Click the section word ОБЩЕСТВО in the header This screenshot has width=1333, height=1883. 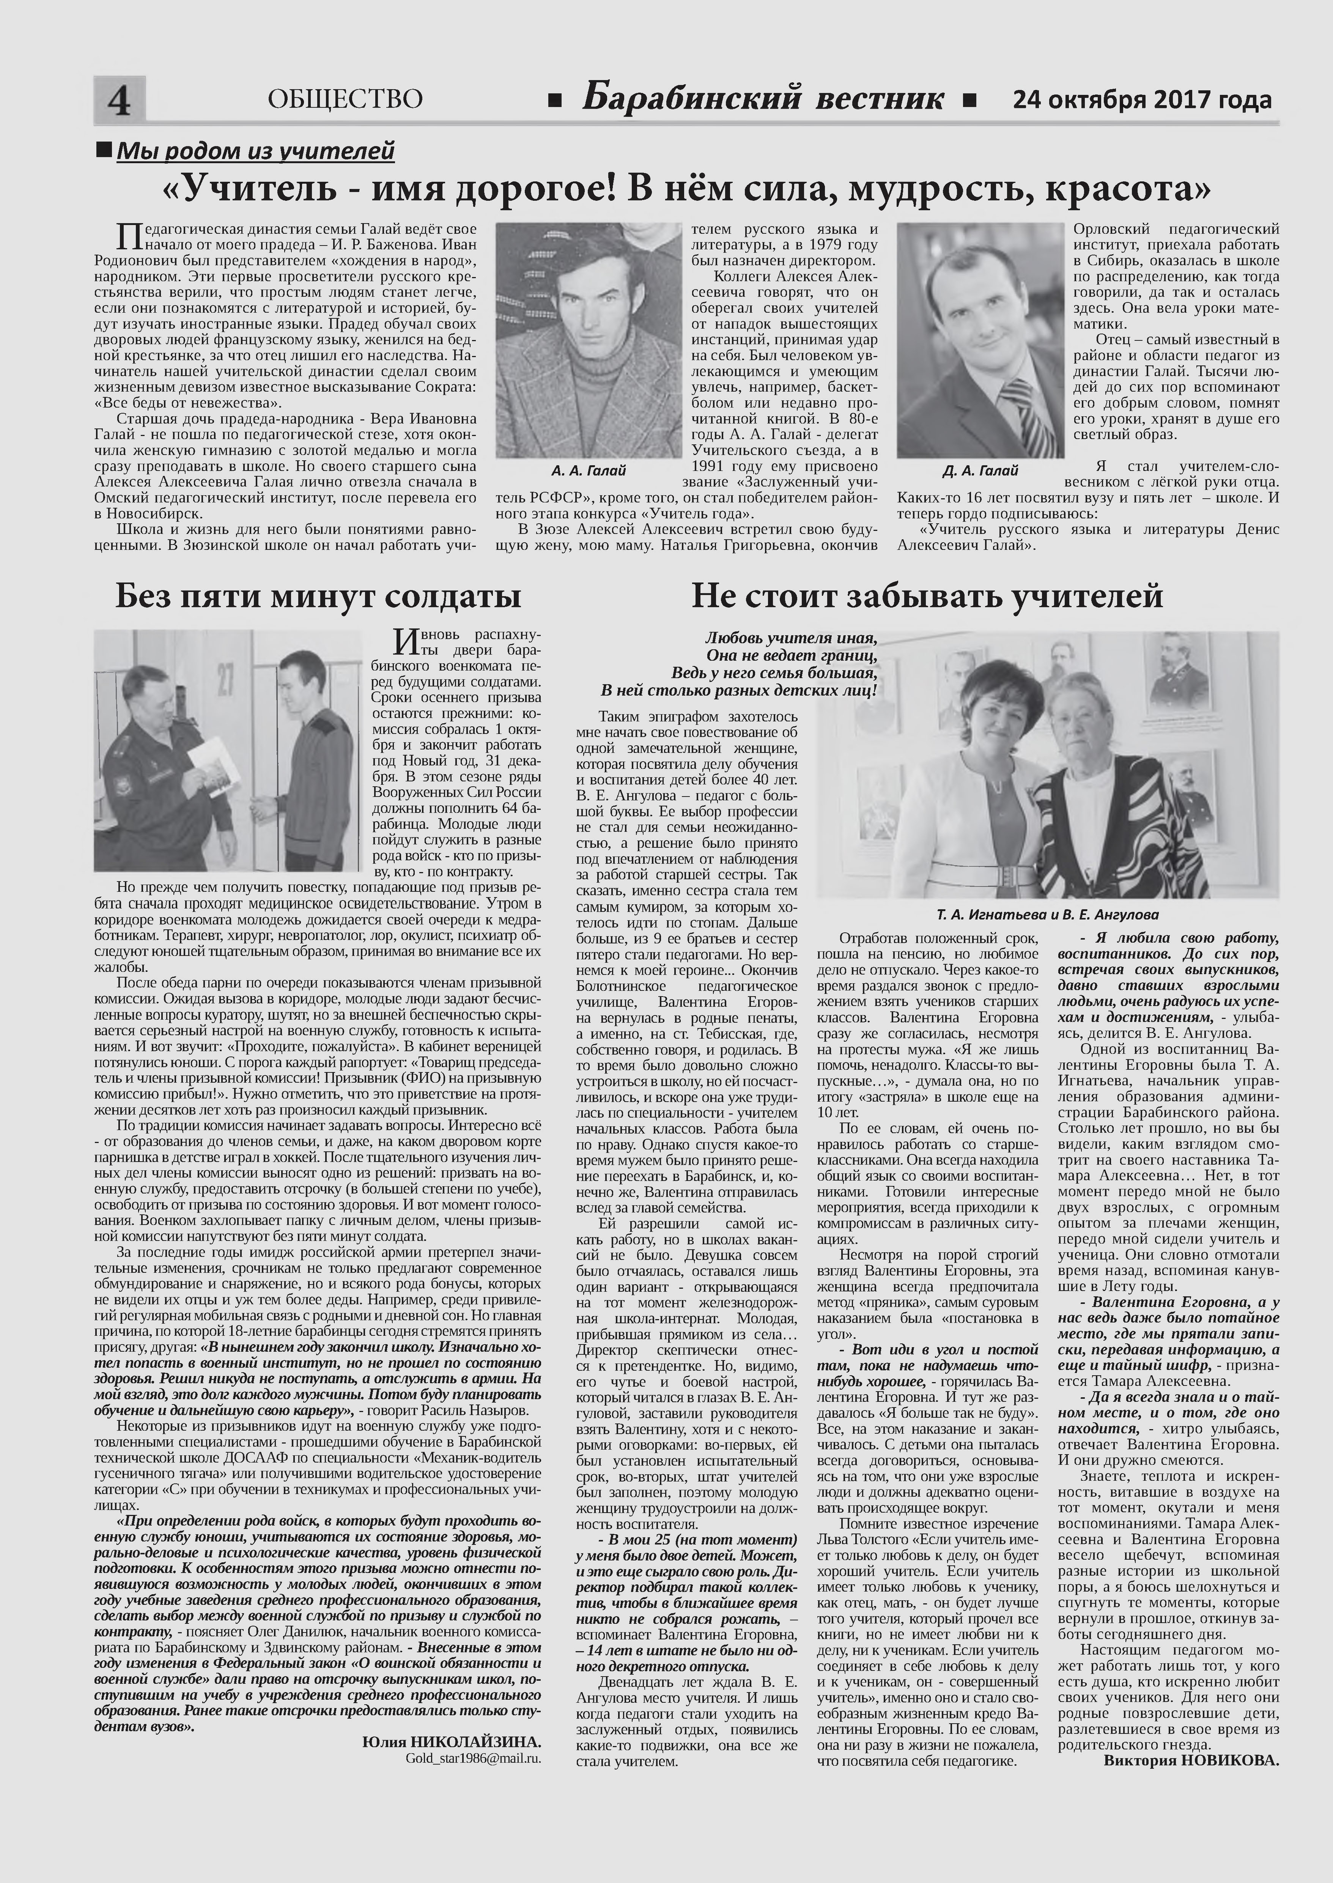[x=345, y=99]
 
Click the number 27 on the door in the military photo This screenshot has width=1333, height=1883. [x=225, y=680]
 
